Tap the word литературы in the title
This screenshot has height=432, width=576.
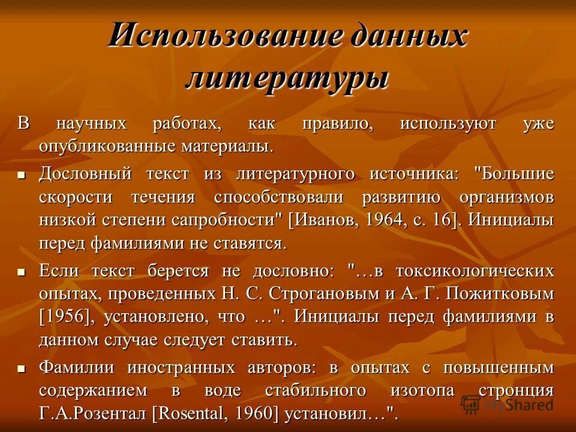[x=287, y=78]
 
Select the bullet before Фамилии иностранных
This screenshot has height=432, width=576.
[x=21, y=368]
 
